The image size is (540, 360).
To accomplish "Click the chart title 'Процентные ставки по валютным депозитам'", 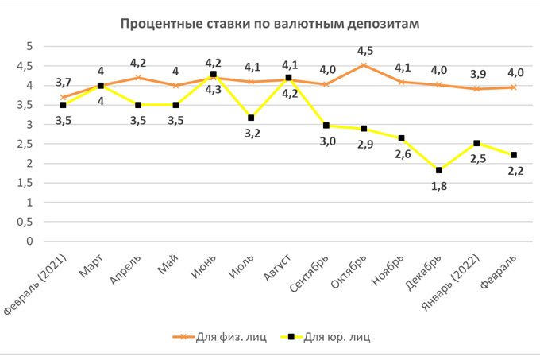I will click(x=269, y=23).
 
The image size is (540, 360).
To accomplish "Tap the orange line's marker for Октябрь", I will click(x=364, y=65).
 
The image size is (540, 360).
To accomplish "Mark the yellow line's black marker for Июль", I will click(x=251, y=118).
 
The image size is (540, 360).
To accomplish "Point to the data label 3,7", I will click(x=62, y=82).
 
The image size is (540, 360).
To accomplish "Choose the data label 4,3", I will click(x=213, y=90).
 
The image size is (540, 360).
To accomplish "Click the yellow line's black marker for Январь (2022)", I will click(x=476, y=143).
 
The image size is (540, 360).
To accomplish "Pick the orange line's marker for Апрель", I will click(x=138, y=78).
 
